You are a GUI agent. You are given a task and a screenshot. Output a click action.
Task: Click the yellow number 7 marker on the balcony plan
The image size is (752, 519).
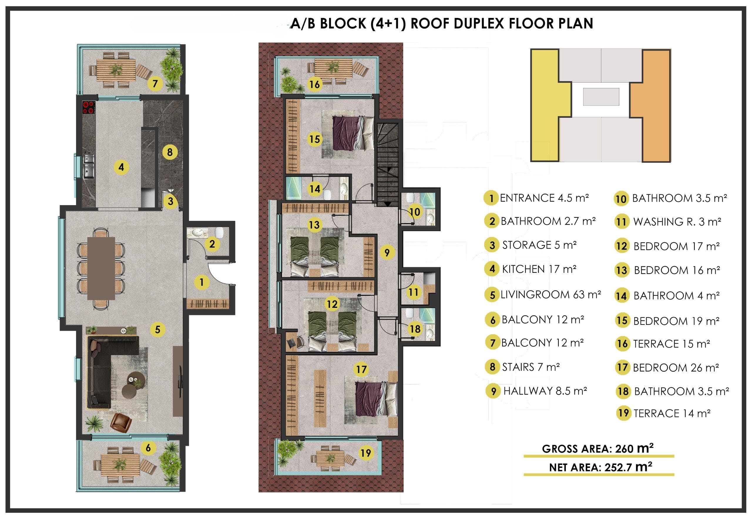[x=155, y=84]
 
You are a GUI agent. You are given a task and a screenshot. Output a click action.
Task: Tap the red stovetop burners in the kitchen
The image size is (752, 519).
[x=88, y=107]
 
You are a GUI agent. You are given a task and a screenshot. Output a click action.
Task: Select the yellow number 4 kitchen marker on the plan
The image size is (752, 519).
[x=121, y=167]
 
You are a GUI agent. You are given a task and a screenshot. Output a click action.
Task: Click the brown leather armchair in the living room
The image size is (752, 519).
[x=121, y=422]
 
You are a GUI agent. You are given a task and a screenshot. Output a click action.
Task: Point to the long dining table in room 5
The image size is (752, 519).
[x=101, y=268]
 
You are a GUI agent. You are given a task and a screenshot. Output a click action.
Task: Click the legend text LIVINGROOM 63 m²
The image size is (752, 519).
[x=550, y=295]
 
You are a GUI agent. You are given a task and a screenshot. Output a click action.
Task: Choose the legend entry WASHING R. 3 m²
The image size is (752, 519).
[x=677, y=222]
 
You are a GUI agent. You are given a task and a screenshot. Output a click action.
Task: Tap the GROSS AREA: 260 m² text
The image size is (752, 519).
[x=598, y=449]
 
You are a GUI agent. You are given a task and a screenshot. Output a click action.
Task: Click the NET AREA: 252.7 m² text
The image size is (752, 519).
[x=600, y=467]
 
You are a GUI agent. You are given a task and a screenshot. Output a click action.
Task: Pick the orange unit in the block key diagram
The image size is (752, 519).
[x=651, y=105]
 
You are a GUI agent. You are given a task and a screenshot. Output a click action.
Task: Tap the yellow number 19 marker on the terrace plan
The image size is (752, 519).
[x=366, y=453]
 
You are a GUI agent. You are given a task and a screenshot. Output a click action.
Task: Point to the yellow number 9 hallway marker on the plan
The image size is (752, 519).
[x=387, y=252]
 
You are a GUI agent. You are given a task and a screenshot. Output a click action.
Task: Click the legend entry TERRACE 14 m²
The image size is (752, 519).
[x=672, y=413]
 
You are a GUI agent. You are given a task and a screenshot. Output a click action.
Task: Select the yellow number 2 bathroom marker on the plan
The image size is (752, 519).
[x=212, y=243]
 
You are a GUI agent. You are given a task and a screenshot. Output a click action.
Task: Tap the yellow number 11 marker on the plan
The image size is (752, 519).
[x=413, y=292]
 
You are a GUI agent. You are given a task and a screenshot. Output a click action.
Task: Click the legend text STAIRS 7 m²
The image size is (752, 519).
[x=531, y=367]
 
